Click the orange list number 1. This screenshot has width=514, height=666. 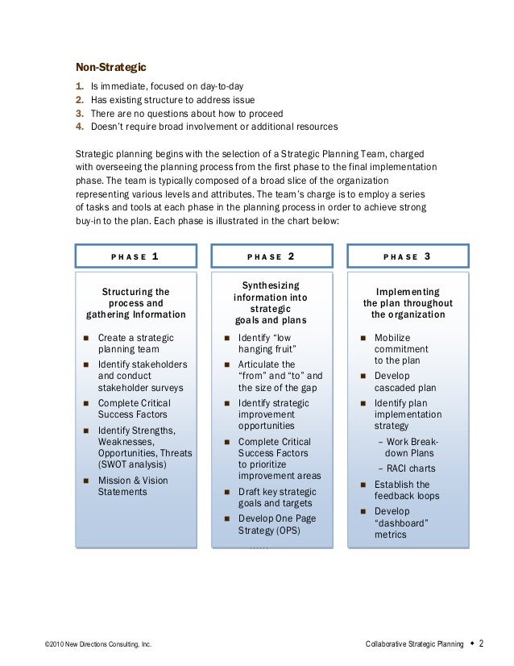(79, 86)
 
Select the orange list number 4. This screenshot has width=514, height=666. (79, 127)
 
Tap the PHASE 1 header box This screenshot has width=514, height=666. (135, 256)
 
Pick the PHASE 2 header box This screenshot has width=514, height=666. (271, 256)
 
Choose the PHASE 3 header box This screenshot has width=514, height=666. (407, 256)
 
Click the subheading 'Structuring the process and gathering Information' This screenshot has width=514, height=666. (135, 303)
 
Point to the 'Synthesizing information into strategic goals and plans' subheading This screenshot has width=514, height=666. (271, 303)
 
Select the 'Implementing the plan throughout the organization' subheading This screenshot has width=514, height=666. (407, 303)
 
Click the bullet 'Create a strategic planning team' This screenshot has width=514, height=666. (135, 343)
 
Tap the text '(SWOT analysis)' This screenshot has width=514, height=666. (133, 464)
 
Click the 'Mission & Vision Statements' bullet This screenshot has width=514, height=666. (133, 486)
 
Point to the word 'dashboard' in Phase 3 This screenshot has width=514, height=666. (400, 522)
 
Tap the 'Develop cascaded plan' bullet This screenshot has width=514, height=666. (403, 381)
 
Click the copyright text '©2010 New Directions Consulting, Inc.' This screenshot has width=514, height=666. (98, 645)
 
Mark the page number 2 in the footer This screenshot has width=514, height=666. (481, 643)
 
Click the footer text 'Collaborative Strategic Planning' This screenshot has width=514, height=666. (414, 645)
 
